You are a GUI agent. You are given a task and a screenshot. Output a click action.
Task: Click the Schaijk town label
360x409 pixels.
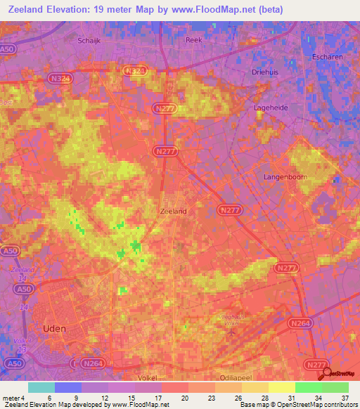click(x=88, y=40)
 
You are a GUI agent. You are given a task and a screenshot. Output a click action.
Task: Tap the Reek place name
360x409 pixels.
click(x=193, y=40)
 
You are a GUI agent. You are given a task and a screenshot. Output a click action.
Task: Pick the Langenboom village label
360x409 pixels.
click(x=285, y=177)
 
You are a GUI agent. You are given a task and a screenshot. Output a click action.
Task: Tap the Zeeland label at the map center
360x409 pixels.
click(x=174, y=210)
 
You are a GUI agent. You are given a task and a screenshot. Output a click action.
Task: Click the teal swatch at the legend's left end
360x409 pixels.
click(x=41, y=387)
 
